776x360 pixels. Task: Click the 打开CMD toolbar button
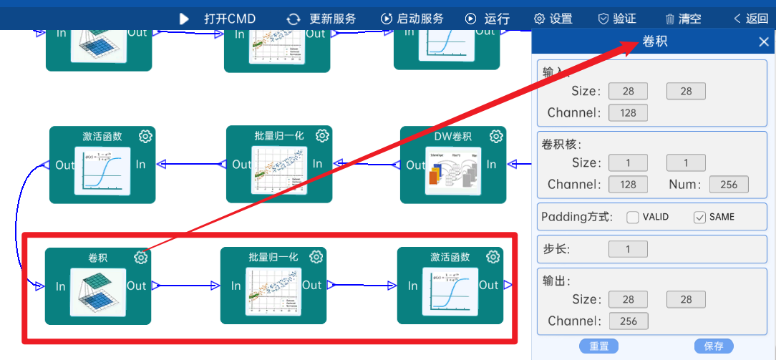pos(218,19)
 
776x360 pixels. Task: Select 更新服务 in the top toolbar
pos(321,19)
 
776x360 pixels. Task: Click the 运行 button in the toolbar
pos(488,19)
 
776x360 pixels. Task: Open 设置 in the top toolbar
pos(553,19)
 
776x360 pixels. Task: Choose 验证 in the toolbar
pos(616,19)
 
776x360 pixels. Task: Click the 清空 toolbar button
pos(683,19)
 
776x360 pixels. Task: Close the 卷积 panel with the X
pos(764,42)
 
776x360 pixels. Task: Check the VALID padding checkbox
pos(633,217)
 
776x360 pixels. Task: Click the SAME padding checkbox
pos(700,217)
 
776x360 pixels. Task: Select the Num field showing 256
pos(729,185)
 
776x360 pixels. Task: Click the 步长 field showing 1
pos(628,249)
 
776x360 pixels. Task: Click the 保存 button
pos(714,346)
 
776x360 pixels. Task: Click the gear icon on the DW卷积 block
pos(496,136)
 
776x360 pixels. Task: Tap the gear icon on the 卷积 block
pos(141,258)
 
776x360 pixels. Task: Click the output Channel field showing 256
pos(628,321)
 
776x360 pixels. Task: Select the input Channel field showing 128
pos(628,112)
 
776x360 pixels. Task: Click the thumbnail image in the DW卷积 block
pos(453,170)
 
